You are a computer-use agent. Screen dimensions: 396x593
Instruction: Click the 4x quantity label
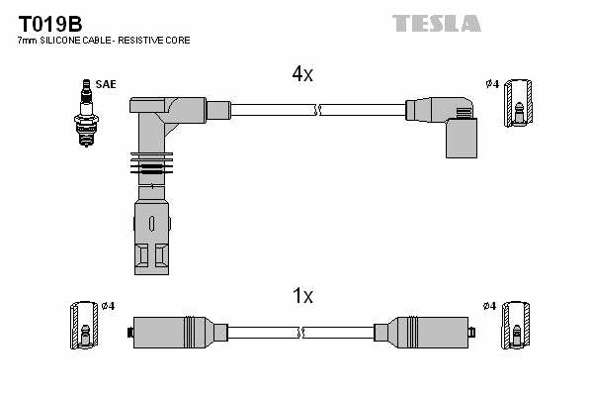tap(302, 74)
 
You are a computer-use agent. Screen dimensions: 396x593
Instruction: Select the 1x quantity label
tap(302, 295)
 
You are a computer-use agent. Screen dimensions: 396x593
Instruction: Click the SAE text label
tap(106, 84)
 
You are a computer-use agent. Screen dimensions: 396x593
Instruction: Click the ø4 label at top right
tap(491, 83)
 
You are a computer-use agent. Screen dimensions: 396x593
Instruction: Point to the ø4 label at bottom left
tap(108, 306)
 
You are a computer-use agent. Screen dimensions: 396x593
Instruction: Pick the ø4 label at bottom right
tap(490, 306)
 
